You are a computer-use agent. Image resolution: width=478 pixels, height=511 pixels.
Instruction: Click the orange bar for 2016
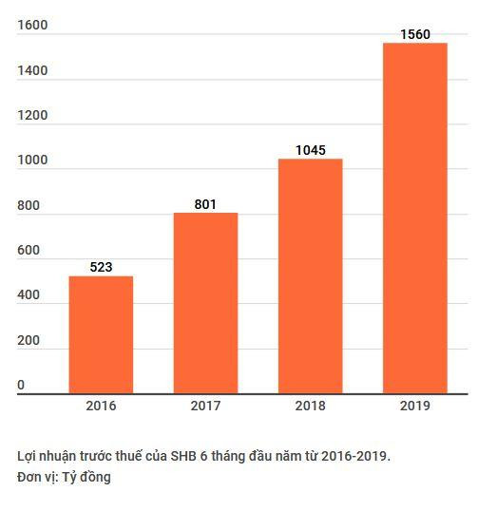tap(101, 334)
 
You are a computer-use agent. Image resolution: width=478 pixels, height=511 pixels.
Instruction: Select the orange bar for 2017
tap(205, 302)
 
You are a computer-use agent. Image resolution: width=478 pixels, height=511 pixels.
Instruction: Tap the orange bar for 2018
tap(310, 275)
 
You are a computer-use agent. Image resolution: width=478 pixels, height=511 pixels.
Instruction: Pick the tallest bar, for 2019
tap(414, 218)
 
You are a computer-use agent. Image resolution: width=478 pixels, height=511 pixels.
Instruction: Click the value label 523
tap(101, 267)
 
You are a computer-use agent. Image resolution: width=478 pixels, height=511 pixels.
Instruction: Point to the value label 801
tap(205, 203)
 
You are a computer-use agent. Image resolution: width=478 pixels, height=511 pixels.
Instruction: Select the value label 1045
tap(310, 150)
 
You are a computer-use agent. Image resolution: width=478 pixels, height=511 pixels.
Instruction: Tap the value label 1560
tap(414, 34)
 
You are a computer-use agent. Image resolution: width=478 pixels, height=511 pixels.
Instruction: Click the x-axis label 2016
tap(101, 406)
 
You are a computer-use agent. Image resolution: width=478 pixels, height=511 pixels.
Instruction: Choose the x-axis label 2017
tap(205, 406)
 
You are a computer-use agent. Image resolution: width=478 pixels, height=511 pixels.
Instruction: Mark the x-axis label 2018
tap(310, 406)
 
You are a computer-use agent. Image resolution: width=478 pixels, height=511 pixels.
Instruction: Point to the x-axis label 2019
tap(414, 406)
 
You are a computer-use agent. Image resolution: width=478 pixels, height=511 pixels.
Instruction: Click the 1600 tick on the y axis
tap(32, 26)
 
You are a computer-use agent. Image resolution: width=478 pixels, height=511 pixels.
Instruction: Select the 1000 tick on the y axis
tap(32, 161)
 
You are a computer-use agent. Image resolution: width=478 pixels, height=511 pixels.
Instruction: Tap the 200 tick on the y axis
tap(29, 340)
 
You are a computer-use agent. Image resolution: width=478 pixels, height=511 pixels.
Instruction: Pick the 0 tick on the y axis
tap(21, 385)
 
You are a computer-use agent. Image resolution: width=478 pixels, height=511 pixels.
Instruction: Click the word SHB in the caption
tap(184, 456)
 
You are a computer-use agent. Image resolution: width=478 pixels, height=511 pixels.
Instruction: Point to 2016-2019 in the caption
tap(355, 456)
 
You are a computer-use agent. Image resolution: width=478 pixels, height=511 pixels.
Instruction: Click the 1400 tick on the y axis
tap(32, 70)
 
